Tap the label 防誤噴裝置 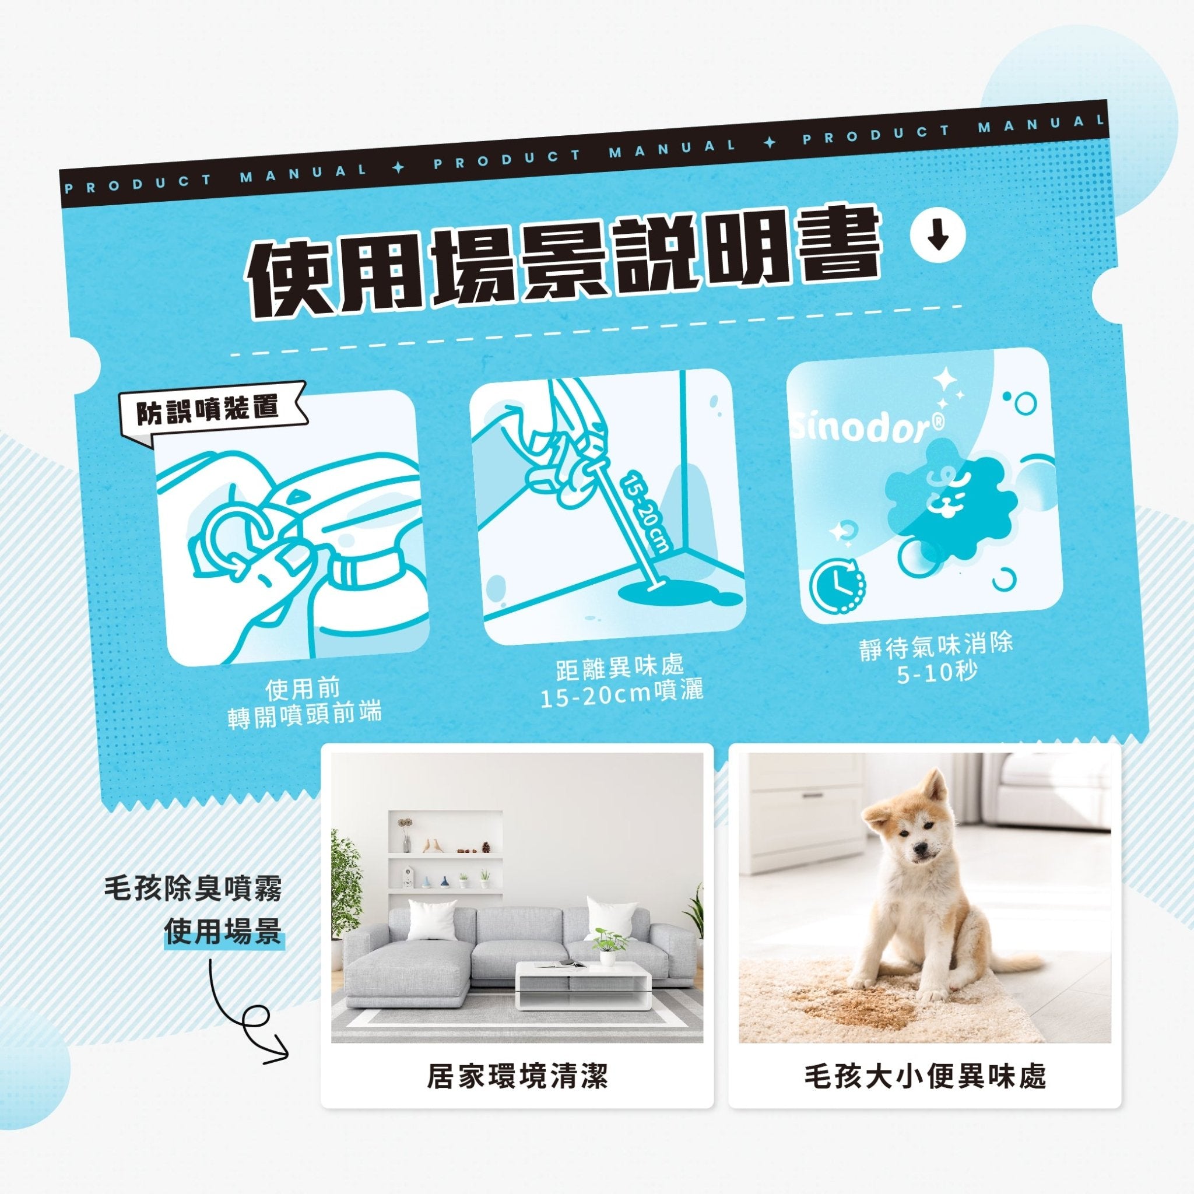coord(208,410)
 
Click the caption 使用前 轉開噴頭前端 coord(304,702)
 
